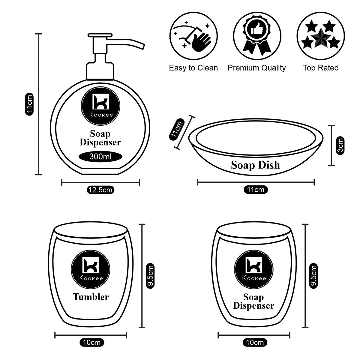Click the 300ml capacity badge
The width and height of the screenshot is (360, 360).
(100, 157)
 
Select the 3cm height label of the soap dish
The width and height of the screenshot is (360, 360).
(340, 145)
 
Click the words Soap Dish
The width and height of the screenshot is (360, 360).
(255, 165)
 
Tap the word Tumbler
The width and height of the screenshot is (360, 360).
(91, 297)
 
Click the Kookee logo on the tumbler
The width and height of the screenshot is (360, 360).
(91, 268)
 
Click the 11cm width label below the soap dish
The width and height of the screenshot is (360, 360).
(255, 190)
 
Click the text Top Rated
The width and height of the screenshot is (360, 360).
(320, 68)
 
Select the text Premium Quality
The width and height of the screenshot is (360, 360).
(256, 68)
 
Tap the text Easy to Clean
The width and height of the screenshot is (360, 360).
(193, 68)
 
